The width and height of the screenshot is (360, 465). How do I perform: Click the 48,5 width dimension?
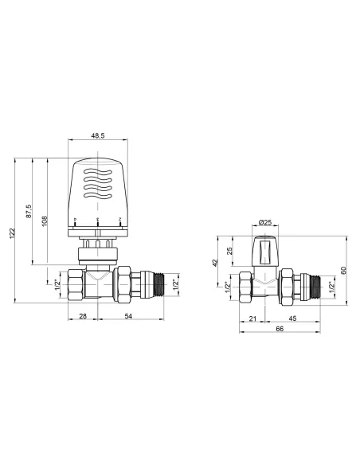click(x=98, y=136)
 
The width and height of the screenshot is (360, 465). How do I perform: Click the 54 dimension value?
click(x=127, y=317)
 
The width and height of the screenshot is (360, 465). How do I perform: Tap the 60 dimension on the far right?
click(x=344, y=270)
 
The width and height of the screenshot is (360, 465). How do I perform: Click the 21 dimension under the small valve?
click(x=252, y=319)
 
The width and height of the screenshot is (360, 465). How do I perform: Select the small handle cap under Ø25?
click(x=266, y=252)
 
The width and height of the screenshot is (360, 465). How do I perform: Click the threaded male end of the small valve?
click(x=317, y=285)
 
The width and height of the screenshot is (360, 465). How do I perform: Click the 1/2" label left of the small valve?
click(x=228, y=286)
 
